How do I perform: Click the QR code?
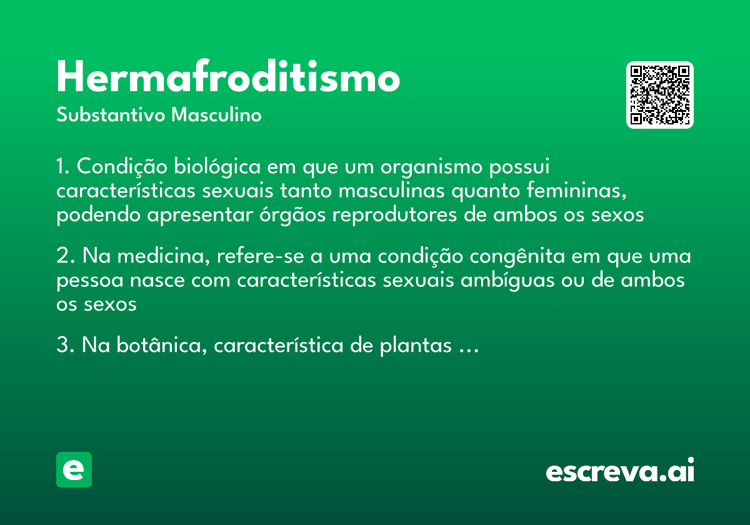pos(660,95)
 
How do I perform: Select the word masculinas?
pos(389,191)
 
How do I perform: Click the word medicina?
pos(157,257)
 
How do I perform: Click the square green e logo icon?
pos(74,470)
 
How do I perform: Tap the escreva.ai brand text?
pos(620,471)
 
